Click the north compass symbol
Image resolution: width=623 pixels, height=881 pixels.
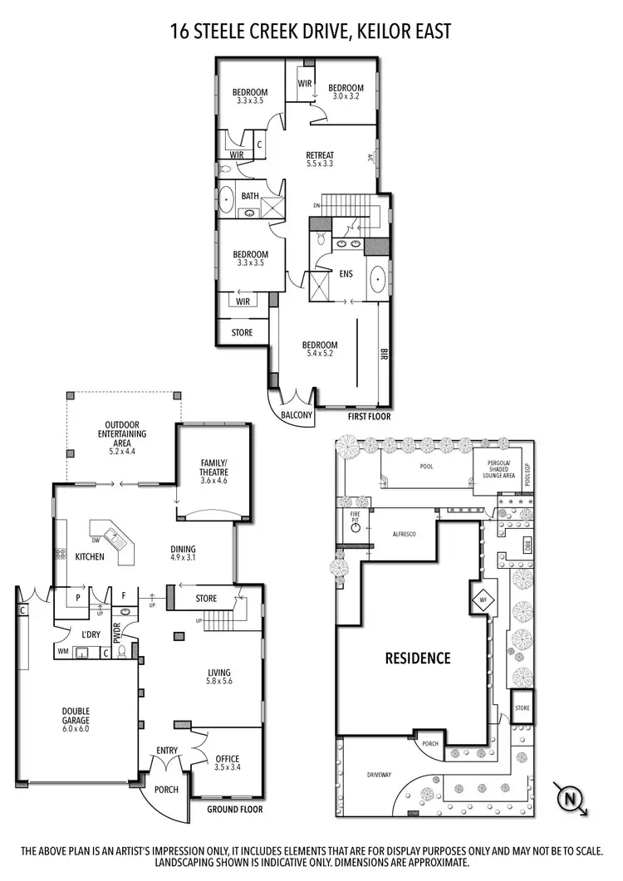pyautogui.click(x=569, y=799)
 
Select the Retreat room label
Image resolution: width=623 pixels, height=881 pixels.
pyautogui.click(x=320, y=159)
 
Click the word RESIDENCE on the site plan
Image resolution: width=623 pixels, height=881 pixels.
pyautogui.click(x=417, y=658)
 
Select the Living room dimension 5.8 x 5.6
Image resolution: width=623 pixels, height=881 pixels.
pyautogui.click(x=220, y=683)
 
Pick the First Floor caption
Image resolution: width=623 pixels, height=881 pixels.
pyautogui.click(x=369, y=417)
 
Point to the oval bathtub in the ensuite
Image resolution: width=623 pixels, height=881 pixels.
pyautogui.click(x=378, y=280)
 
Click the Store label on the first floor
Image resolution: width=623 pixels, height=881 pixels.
pyautogui.click(x=242, y=333)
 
